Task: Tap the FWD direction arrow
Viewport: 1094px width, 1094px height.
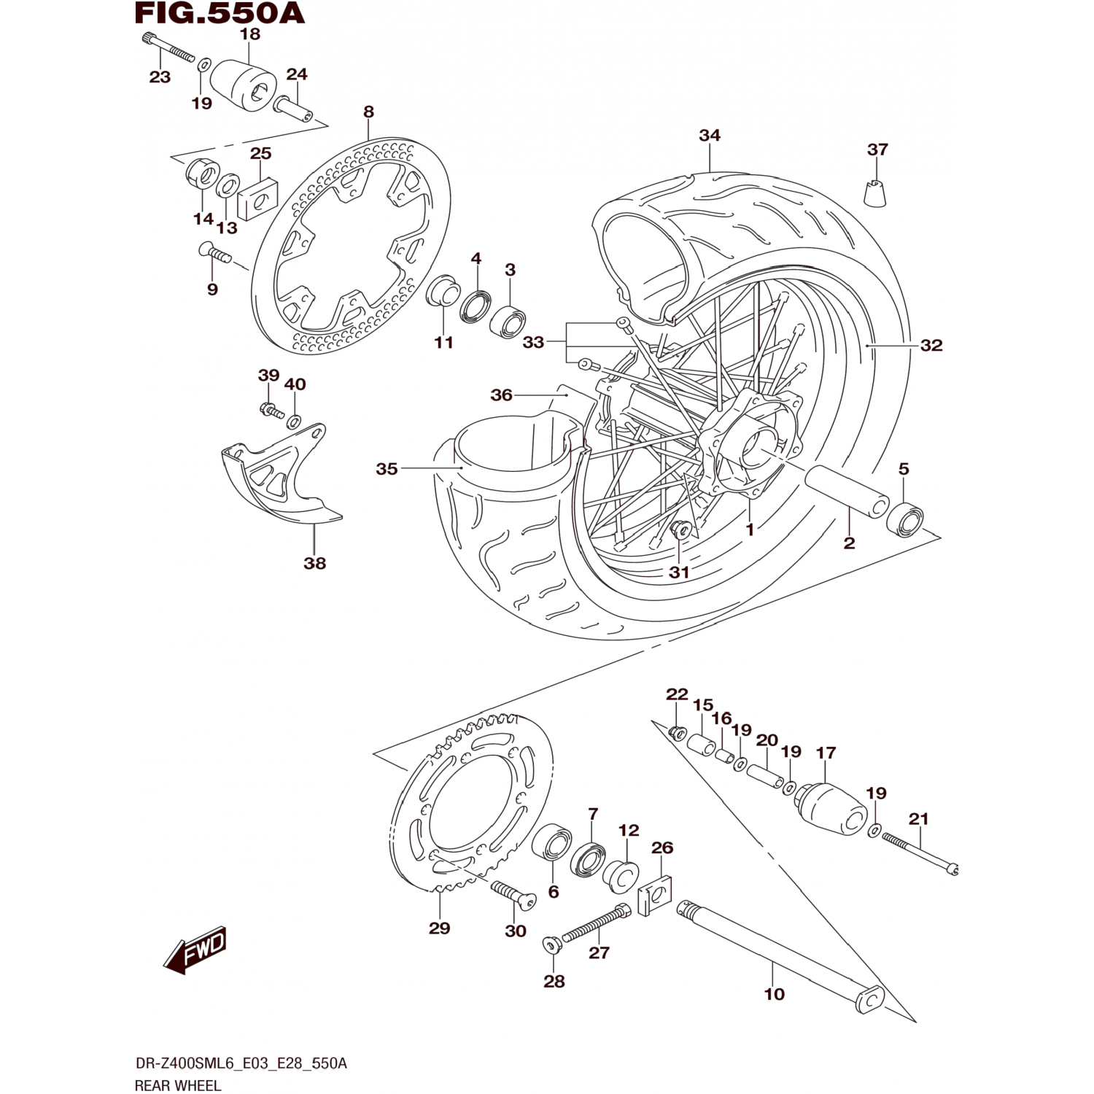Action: click(x=195, y=950)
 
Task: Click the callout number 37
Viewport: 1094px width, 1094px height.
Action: click(x=877, y=150)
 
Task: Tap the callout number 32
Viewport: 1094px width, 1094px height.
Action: click(x=931, y=345)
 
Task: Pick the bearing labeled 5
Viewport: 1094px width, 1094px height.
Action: click(x=905, y=518)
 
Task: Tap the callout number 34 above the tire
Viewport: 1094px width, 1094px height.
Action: click(x=710, y=136)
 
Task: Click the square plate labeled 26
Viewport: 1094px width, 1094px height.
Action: click(x=655, y=896)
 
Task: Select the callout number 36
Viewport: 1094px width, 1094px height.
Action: click(x=501, y=395)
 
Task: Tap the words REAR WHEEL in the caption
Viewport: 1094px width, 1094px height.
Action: click(x=177, y=1085)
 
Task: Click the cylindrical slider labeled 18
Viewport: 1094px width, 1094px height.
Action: click(x=243, y=85)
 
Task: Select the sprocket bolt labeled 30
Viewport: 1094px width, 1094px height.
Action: click(x=513, y=894)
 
